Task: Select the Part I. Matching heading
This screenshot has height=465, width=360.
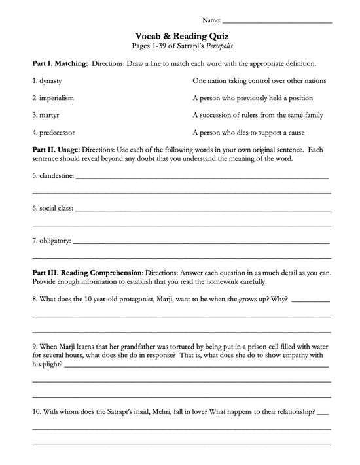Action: [x=60, y=65]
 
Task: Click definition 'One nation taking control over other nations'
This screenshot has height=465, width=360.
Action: [x=259, y=81]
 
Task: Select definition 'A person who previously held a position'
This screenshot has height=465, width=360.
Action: [x=253, y=98]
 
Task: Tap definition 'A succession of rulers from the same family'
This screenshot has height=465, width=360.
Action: [x=258, y=115]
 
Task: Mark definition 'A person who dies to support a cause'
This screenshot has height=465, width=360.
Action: [x=248, y=132]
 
